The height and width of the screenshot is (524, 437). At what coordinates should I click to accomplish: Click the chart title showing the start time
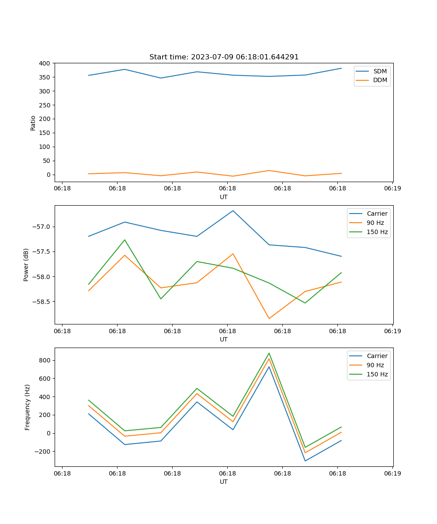point(224,57)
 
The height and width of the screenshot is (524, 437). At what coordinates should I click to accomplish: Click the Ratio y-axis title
point(33,123)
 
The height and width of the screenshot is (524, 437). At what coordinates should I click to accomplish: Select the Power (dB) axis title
point(26,265)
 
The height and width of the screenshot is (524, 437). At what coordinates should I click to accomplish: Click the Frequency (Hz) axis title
point(27,407)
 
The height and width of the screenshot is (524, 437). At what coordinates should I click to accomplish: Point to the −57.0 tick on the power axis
point(42,227)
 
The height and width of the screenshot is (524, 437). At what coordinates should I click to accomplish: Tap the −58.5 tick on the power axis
point(42,302)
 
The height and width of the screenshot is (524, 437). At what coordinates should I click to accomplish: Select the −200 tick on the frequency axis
point(42,452)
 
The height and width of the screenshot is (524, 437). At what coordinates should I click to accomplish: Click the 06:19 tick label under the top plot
point(392,189)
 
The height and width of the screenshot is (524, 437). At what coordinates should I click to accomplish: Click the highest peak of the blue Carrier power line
point(233,210)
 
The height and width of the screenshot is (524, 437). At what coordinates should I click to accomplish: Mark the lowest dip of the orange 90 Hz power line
point(269,318)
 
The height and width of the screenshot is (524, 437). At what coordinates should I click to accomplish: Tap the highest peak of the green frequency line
point(269,353)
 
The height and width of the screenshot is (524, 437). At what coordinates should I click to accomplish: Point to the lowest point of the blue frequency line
point(305,461)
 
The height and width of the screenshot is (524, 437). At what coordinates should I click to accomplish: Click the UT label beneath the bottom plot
point(224,482)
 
